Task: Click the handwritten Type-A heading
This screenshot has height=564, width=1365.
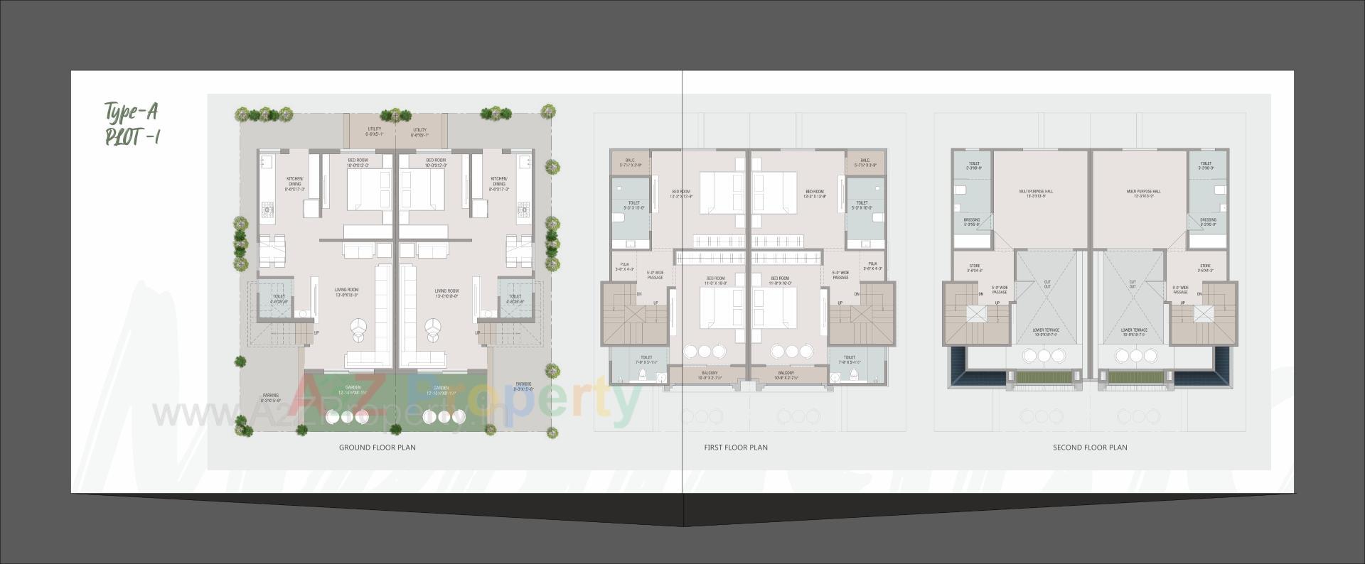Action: pos(131,112)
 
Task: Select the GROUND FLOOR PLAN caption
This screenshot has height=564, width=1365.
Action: pos(377,448)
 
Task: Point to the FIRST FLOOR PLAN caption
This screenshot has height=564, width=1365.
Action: pos(736,448)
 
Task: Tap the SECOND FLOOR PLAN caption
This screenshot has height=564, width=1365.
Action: pos(1090,448)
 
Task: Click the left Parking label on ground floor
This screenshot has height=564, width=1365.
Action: pos(270,397)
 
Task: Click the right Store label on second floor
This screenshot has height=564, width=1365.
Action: pos(1204,268)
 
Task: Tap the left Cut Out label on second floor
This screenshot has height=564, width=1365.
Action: pos(1047,284)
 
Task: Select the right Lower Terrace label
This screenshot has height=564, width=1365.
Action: pos(1134,332)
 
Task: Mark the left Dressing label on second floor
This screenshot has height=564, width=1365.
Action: pos(972,222)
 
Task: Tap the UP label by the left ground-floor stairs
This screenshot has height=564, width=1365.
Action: pos(316,332)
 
